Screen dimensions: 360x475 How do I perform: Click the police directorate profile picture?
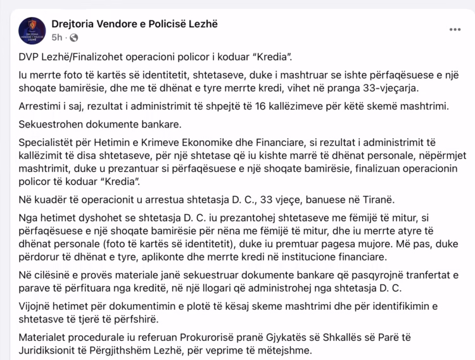32,30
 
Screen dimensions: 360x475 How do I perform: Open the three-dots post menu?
455,30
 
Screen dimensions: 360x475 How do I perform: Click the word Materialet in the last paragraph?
43,337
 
